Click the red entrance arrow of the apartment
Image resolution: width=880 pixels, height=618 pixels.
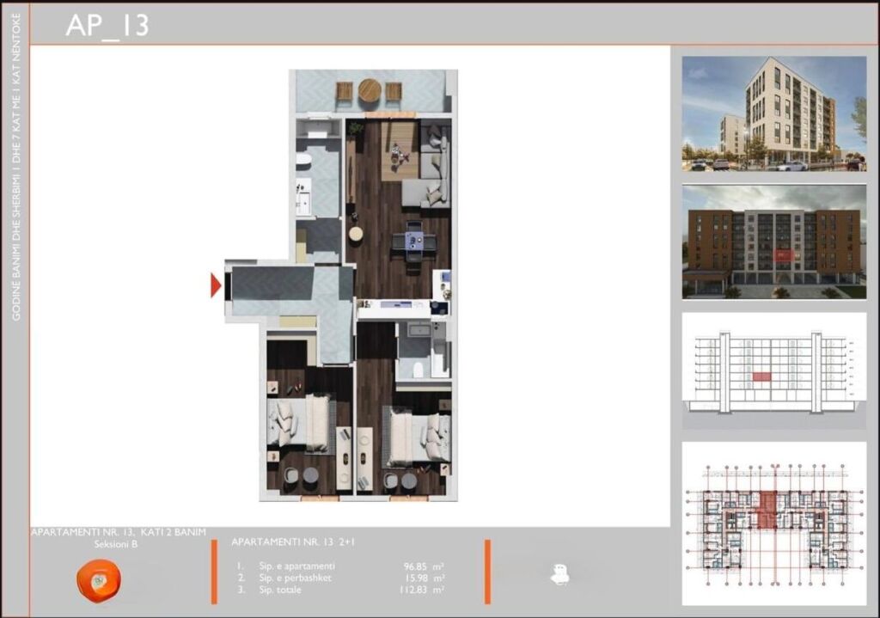[x=215, y=285]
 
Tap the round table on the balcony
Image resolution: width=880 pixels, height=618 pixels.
[x=370, y=90]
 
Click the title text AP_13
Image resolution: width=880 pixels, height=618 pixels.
[x=107, y=25]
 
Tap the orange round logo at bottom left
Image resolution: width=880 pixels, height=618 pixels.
[x=98, y=580]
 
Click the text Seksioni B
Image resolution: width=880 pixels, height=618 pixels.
[x=116, y=544]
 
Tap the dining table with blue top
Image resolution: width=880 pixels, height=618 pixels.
[x=414, y=242]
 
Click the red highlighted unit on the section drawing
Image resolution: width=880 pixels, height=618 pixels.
[x=761, y=376]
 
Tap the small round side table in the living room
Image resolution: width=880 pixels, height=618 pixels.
[x=355, y=233]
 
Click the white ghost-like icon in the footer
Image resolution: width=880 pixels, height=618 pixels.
[x=559, y=575]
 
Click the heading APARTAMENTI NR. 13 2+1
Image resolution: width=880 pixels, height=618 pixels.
[x=294, y=542]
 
